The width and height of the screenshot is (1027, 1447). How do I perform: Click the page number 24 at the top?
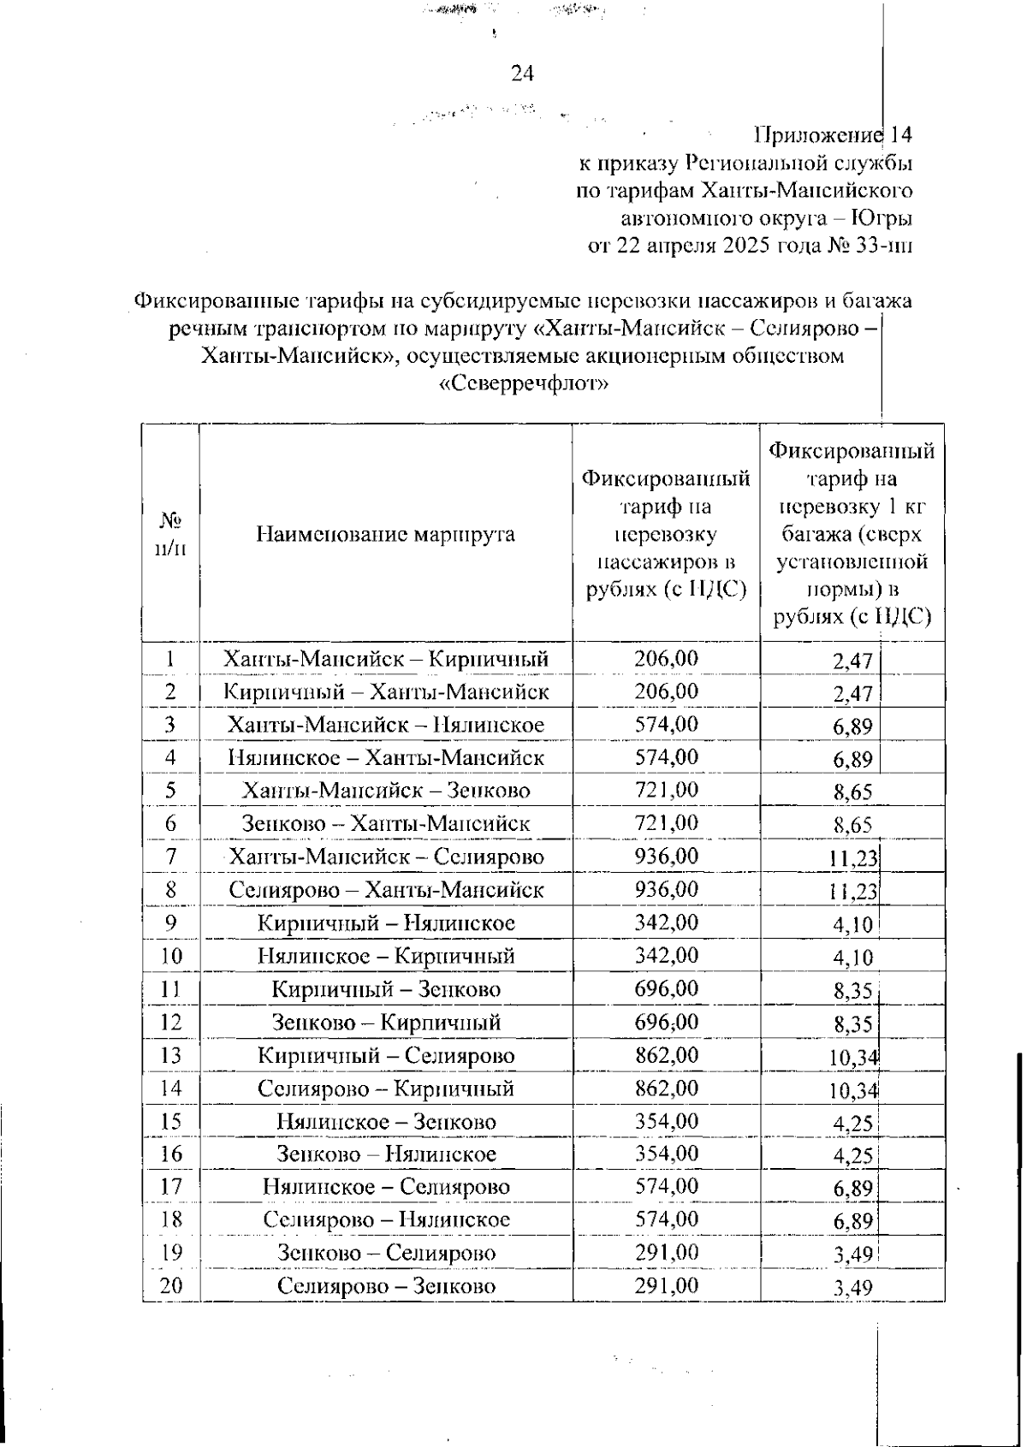pyautogui.click(x=522, y=74)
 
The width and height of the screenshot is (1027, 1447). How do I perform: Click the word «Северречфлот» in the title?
pyautogui.click(x=523, y=383)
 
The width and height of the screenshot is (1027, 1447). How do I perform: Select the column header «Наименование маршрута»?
pyautogui.click(x=385, y=535)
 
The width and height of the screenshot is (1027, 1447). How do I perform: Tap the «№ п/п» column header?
pyautogui.click(x=170, y=534)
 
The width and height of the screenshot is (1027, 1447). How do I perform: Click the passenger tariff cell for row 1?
pyautogui.click(x=666, y=658)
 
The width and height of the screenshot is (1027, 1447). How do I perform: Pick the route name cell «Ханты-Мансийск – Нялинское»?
pyautogui.click(x=385, y=725)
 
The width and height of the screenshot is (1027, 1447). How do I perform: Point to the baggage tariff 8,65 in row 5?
pyautogui.click(x=852, y=792)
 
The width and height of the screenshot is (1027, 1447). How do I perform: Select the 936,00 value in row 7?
pyautogui.click(x=666, y=856)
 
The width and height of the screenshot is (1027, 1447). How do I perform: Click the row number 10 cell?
pyautogui.click(x=170, y=956)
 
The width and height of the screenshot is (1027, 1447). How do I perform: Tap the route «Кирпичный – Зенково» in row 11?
pyautogui.click(x=385, y=989)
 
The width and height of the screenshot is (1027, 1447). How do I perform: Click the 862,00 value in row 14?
pyautogui.click(x=666, y=1088)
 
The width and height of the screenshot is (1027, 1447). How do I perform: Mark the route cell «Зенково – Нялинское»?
pyautogui.click(x=385, y=1154)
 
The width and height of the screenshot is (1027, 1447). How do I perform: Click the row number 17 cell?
pyautogui.click(x=170, y=1187)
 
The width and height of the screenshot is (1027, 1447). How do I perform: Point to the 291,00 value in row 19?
pyautogui.click(x=666, y=1253)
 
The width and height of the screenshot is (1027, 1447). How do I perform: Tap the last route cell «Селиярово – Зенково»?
pyautogui.click(x=385, y=1286)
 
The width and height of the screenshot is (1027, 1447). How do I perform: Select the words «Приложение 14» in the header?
pyautogui.click(x=832, y=135)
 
